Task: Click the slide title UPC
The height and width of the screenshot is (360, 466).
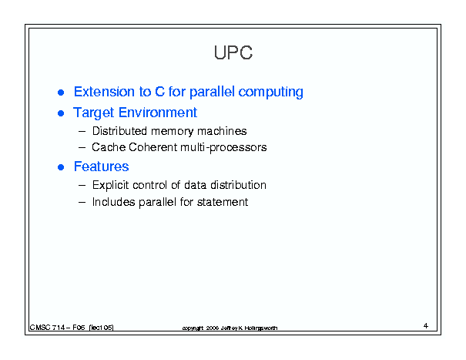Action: (233, 52)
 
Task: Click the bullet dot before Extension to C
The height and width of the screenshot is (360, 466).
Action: (61, 93)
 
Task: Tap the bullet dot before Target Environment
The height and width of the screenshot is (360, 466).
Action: (61, 113)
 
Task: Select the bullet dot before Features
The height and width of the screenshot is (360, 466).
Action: (61, 167)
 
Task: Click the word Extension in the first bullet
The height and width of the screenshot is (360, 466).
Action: (104, 92)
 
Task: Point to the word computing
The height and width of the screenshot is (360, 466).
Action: (271, 93)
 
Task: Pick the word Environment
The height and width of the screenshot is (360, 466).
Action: (158, 113)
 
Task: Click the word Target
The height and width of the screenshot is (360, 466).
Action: (94, 113)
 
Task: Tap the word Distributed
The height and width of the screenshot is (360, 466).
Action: (119, 131)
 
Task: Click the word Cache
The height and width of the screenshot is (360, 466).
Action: (108, 147)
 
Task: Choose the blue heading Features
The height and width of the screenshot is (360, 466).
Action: (102, 167)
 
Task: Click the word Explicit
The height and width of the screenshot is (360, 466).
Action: (111, 185)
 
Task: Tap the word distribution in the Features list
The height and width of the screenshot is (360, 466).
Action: (238, 185)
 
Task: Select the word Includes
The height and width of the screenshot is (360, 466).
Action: (113, 202)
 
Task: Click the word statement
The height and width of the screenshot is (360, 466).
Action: (223, 202)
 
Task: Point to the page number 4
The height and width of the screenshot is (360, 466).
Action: (426, 326)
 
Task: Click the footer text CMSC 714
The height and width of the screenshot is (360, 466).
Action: (47, 328)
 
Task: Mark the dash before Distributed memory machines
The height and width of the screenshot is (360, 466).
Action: (82, 131)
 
